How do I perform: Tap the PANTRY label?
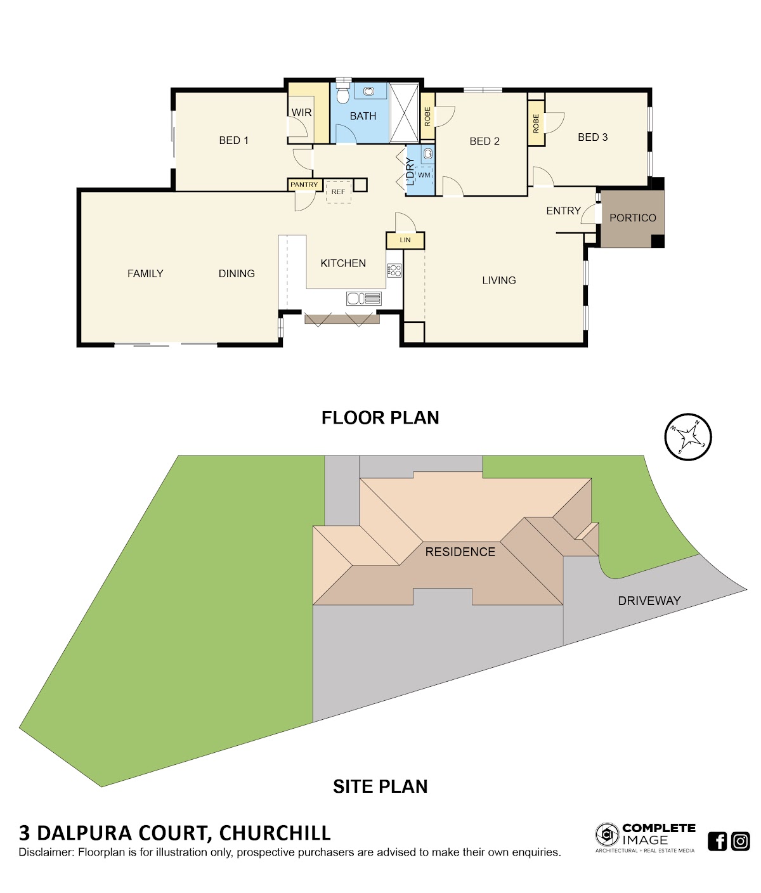(304, 185)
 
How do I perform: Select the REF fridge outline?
(338, 192)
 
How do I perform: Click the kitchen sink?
(363, 298)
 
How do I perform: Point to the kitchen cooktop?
(394, 270)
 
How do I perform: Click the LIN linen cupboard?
(405, 240)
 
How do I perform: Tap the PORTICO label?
(633, 218)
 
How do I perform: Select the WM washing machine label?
(424, 175)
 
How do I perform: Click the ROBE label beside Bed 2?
(427, 116)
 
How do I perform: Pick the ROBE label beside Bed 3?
(536, 124)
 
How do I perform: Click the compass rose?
(687, 437)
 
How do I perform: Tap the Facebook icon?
(717, 841)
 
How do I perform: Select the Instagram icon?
(740, 841)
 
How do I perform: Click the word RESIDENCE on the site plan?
(460, 552)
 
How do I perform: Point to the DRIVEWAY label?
(649, 601)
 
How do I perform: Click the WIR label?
(301, 112)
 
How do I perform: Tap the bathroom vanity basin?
(368, 91)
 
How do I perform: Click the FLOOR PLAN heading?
(380, 418)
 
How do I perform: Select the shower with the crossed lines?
(404, 113)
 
